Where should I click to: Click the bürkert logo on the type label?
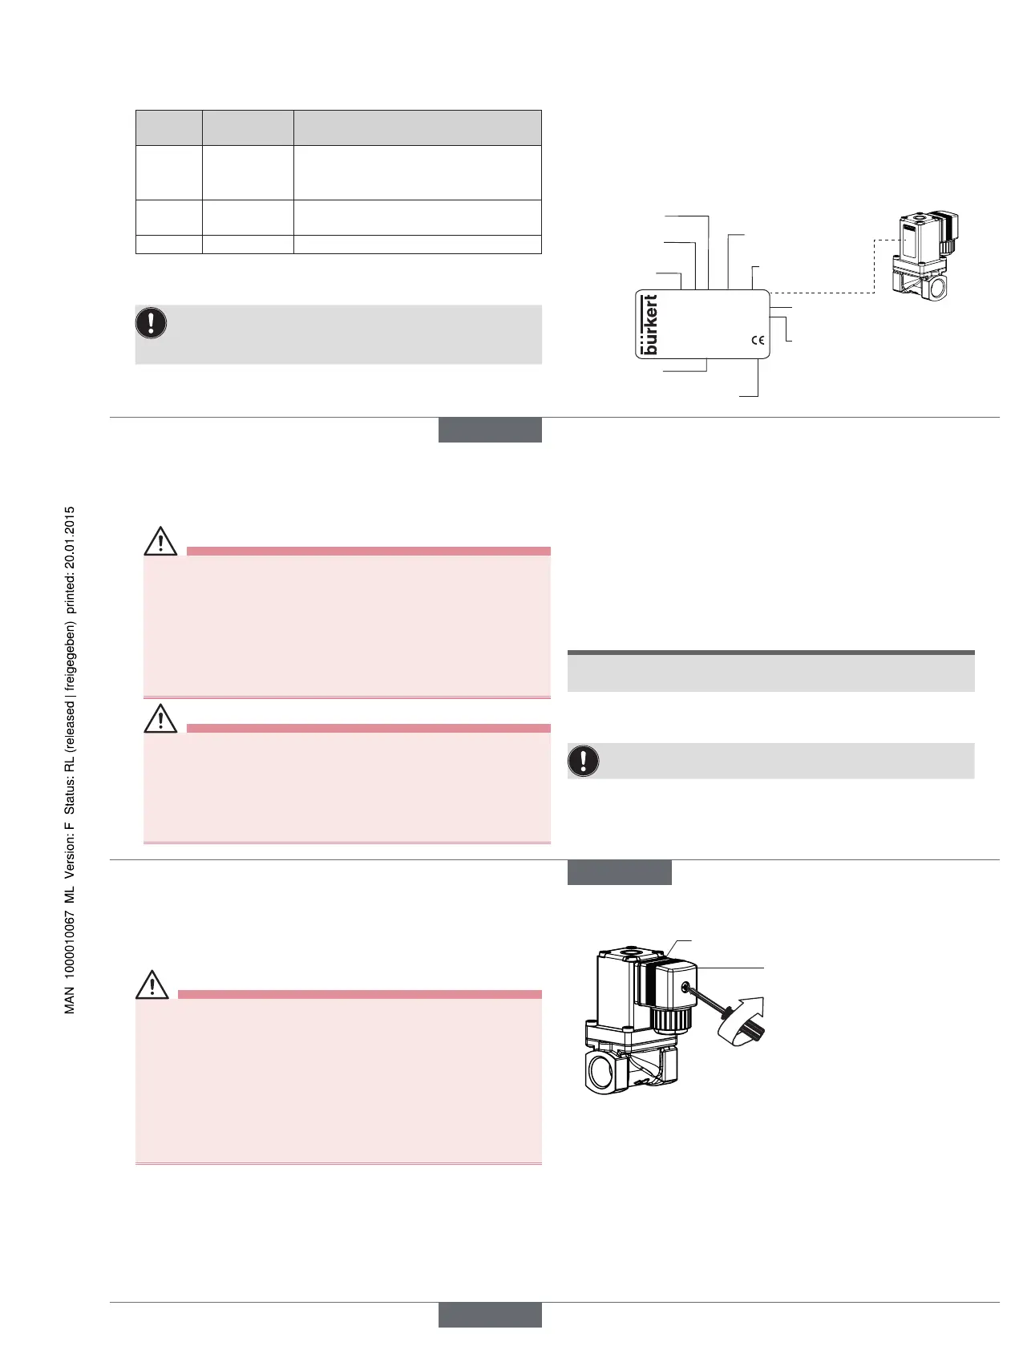pyautogui.click(x=649, y=325)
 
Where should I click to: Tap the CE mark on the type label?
pyautogui.click(x=758, y=340)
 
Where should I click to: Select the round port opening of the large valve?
pyautogui.click(x=603, y=1071)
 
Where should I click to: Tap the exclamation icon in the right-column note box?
pyautogui.click(x=584, y=760)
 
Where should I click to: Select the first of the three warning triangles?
pyautogui.click(x=160, y=542)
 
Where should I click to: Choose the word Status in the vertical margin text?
pyautogui.click(x=70, y=798)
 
